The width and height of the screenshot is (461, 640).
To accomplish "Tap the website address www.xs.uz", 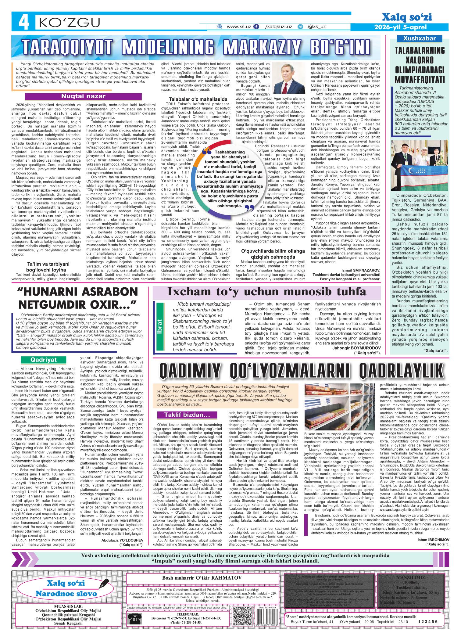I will click(x=239, y=27).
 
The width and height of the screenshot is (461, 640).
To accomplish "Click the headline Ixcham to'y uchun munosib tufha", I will click(x=267, y=292).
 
